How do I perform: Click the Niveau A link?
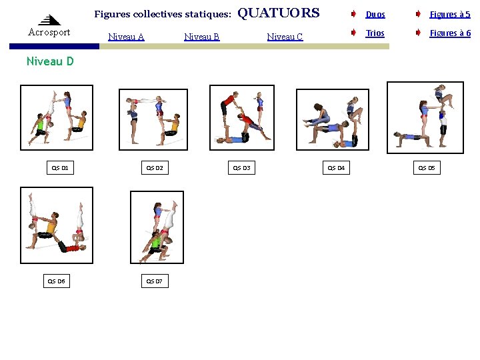pyautogui.click(x=126, y=37)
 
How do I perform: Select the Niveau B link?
pyautogui.click(x=201, y=37)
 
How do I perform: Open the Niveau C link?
pyautogui.click(x=285, y=37)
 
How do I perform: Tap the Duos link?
pyautogui.click(x=375, y=14)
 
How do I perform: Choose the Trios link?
pyautogui.click(x=375, y=33)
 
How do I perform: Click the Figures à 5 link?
pyautogui.click(x=449, y=14)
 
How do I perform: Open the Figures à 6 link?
pyautogui.click(x=449, y=33)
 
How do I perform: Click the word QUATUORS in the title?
pyautogui.click(x=278, y=13)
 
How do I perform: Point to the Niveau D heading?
pyautogui.click(x=50, y=61)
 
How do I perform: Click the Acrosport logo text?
pyautogui.click(x=49, y=32)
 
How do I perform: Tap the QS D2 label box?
pyautogui.click(x=155, y=168)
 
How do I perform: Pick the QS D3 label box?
pyautogui.click(x=241, y=168)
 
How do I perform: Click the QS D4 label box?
pyautogui.click(x=336, y=168)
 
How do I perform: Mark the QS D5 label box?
pyautogui.click(x=426, y=168)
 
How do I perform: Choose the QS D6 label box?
pyautogui.click(x=56, y=281)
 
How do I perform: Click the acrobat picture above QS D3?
pyautogui.click(x=241, y=117)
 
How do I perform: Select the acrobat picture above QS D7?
pyautogui.click(x=157, y=227)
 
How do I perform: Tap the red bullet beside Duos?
pyautogui.click(x=353, y=14)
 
